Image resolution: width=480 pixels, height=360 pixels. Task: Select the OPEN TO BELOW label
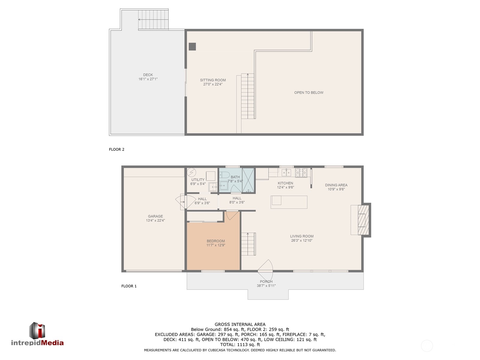click(x=309, y=92)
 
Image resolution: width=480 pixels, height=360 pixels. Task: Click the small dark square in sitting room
click(x=192, y=46)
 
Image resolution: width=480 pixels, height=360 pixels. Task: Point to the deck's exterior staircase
click(x=153, y=19)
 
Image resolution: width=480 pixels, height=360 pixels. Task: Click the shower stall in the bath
click(x=248, y=180)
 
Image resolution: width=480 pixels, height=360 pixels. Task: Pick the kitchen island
click(x=289, y=202)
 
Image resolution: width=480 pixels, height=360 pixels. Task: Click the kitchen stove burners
click(x=301, y=172)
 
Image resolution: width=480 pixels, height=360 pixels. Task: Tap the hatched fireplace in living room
click(x=363, y=220)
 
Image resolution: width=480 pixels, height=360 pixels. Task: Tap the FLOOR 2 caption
click(x=116, y=149)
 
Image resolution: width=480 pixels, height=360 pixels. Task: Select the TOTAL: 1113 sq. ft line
click(x=240, y=344)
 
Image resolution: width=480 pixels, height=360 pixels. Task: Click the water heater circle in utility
click(x=191, y=172)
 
